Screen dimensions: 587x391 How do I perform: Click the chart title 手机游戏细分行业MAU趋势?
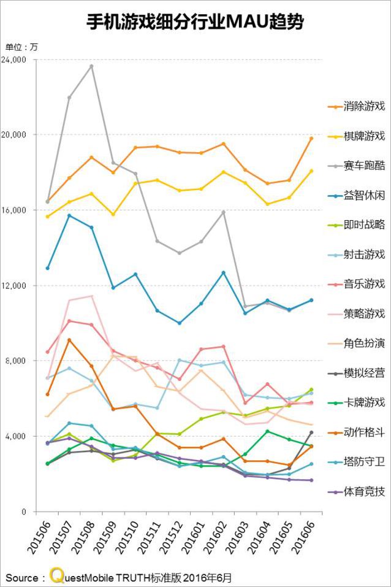[x=195, y=23]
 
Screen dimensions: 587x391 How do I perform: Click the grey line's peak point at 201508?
[x=92, y=66]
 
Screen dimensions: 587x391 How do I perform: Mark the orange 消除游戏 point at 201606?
[x=311, y=139]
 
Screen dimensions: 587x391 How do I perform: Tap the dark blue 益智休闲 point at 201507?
[x=69, y=215]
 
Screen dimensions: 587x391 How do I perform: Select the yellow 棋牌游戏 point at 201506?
[x=47, y=217]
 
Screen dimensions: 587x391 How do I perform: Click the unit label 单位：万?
[x=21, y=47]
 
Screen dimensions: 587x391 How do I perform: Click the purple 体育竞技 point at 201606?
[x=311, y=480]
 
